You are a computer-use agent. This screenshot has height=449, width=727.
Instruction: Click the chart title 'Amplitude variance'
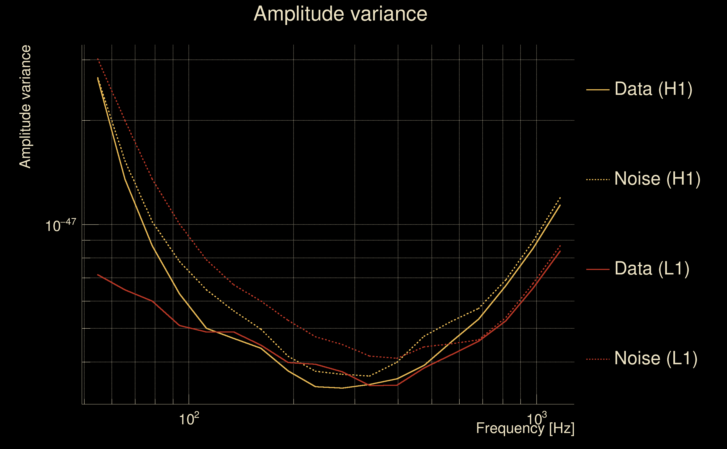pyautogui.click(x=340, y=14)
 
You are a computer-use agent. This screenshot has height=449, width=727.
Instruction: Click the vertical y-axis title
pyautogui.click(x=25, y=107)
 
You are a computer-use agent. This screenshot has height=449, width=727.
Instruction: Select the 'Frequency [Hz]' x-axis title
pyautogui.click(x=525, y=428)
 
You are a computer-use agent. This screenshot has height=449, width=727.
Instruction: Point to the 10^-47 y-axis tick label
pyautogui.click(x=61, y=225)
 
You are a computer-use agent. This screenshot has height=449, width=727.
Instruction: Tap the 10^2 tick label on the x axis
pyautogui.click(x=189, y=419)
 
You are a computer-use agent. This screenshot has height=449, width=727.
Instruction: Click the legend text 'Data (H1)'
pyautogui.click(x=653, y=89)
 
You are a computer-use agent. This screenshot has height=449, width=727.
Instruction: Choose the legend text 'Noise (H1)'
pyautogui.click(x=657, y=179)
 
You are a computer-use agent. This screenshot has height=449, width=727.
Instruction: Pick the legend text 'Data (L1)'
pyautogui.click(x=652, y=269)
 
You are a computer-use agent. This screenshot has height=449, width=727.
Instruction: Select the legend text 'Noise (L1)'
pyautogui.click(x=656, y=358)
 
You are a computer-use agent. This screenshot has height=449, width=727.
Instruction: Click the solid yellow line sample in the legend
pyautogui.click(x=598, y=90)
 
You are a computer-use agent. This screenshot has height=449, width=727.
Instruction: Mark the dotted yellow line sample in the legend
pyautogui.click(x=598, y=179)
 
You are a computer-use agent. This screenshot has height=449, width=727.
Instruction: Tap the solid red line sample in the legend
pyautogui.click(x=598, y=269)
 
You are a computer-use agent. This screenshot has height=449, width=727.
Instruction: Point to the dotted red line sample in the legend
pyautogui.click(x=598, y=359)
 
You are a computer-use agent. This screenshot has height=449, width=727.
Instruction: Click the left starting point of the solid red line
pyautogui.click(x=98, y=275)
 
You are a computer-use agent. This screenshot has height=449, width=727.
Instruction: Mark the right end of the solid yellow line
pyautogui.click(x=560, y=205)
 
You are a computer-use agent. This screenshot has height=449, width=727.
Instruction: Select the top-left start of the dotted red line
pyautogui.click(x=98, y=59)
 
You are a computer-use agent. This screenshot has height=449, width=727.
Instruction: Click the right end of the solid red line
pyautogui.click(x=560, y=251)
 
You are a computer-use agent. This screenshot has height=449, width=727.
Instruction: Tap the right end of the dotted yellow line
pyautogui.click(x=560, y=198)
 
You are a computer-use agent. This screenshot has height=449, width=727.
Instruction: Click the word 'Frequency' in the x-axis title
pyautogui.click(x=510, y=428)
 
